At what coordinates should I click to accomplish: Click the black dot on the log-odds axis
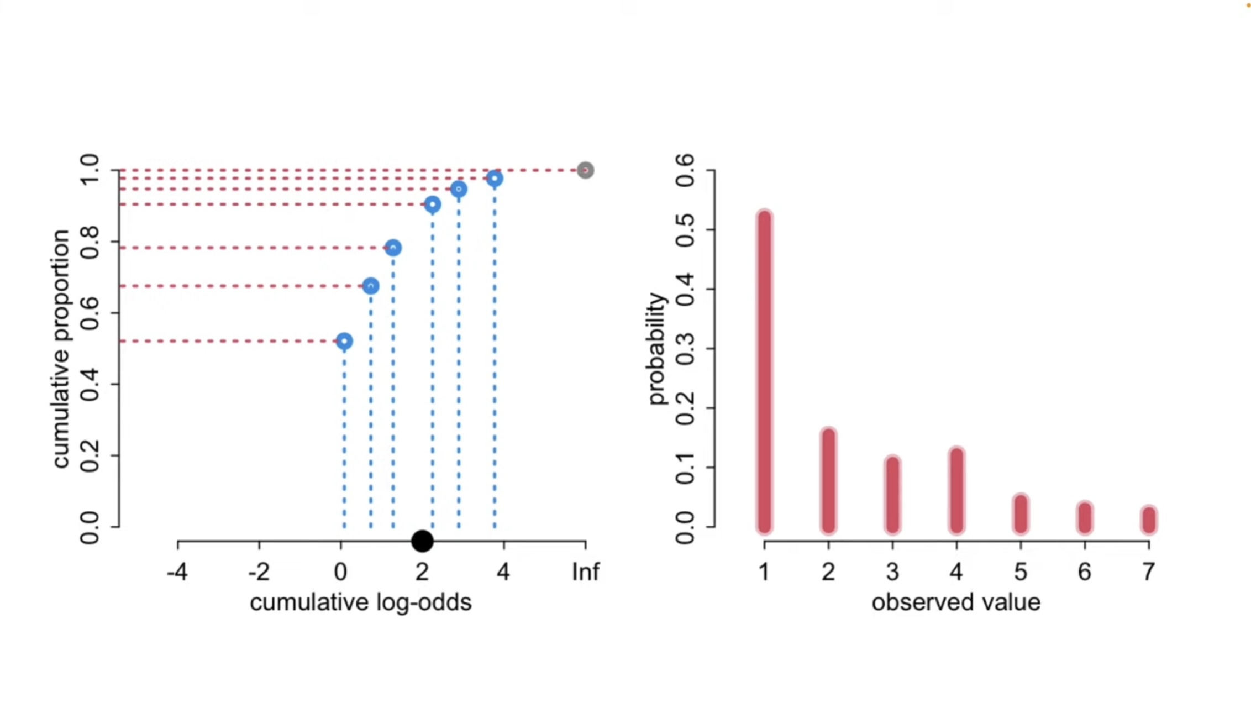click(x=422, y=541)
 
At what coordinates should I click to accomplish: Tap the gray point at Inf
click(x=585, y=170)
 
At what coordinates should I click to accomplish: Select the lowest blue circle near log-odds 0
click(x=344, y=341)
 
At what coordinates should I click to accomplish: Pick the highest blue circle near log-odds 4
click(x=495, y=179)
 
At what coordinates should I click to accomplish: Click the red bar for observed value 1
click(x=764, y=372)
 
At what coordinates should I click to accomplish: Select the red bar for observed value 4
click(x=956, y=490)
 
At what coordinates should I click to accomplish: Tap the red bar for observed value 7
click(x=1149, y=520)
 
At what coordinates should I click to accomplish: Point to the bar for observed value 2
click(x=828, y=480)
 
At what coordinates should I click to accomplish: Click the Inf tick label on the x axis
click(x=585, y=572)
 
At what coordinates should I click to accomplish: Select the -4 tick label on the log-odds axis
click(x=177, y=572)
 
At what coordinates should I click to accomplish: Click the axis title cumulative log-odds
click(x=361, y=602)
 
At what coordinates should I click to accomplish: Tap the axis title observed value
click(x=956, y=602)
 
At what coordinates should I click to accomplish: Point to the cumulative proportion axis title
click(x=61, y=349)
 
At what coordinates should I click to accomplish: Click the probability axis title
click(x=657, y=349)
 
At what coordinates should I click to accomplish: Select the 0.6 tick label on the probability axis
click(x=685, y=171)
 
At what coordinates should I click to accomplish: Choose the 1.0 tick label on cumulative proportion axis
click(x=90, y=171)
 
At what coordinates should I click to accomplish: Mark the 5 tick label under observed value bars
click(x=1021, y=572)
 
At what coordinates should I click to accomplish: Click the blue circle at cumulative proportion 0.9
click(x=433, y=205)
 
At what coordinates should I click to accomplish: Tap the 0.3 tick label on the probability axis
click(x=685, y=349)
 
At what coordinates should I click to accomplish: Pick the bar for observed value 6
click(x=1085, y=518)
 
